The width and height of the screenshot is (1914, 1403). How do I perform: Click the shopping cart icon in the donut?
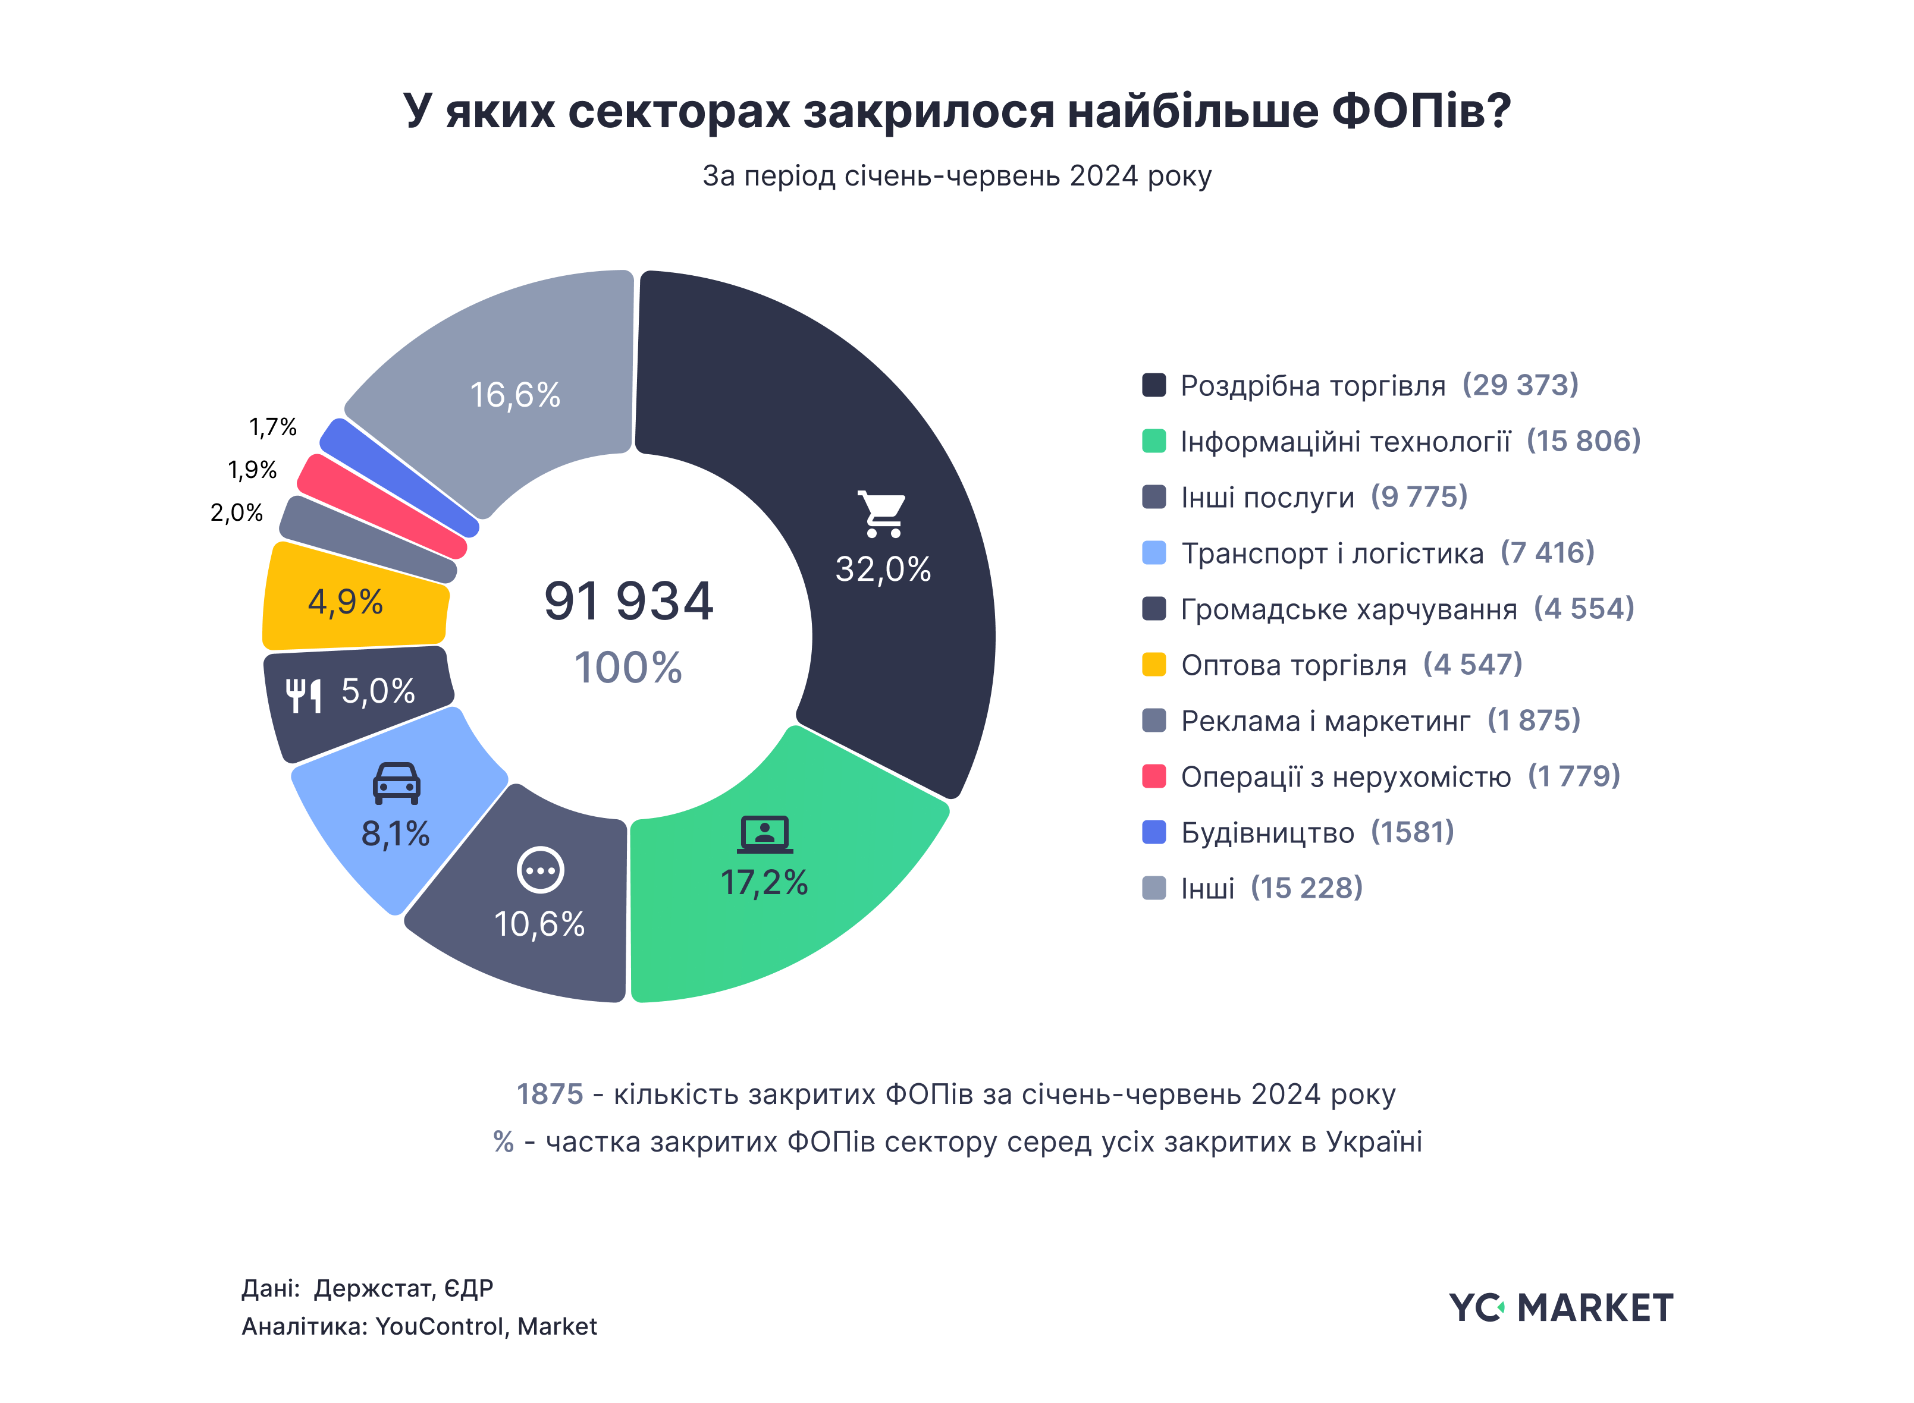pyautogui.click(x=882, y=514)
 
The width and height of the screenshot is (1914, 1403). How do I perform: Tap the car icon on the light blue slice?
pyautogui.click(x=396, y=783)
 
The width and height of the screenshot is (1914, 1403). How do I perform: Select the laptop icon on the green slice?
pyautogui.click(x=764, y=834)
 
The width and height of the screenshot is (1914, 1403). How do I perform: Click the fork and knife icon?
pyautogui.click(x=303, y=695)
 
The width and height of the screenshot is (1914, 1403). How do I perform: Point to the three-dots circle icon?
pyautogui.click(x=540, y=870)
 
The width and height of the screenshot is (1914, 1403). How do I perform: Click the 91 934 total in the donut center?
pyautogui.click(x=628, y=601)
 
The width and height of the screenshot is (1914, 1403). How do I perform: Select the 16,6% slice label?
pyautogui.click(x=515, y=395)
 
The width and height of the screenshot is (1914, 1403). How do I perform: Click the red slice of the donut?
pyautogui.click(x=382, y=506)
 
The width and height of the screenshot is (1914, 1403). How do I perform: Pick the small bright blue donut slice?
pyautogui.click(x=399, y=477)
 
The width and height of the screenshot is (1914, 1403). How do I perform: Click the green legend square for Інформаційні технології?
pyautogui.click(x=1153, y=441)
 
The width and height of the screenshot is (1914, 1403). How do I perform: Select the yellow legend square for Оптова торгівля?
pyautogui.click(x=1153, y=664)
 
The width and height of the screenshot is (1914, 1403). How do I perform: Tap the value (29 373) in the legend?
pyautogui.click(x=1519, y=385)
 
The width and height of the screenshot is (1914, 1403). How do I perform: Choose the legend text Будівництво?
pyautogui.click(x=1267, y=832)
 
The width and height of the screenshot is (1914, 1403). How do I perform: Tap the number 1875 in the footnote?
pyautogui.click(x=550, y=1094)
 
